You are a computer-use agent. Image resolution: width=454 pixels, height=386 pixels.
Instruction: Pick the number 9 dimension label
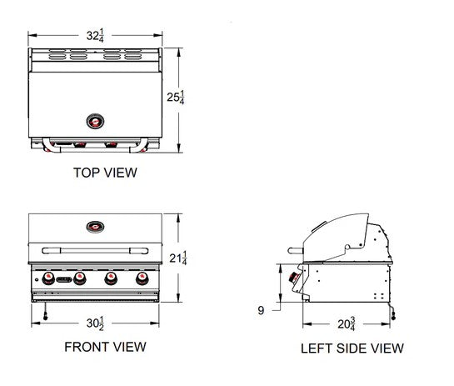(260, 311)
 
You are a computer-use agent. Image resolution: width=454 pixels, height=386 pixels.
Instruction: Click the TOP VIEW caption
(104, 173)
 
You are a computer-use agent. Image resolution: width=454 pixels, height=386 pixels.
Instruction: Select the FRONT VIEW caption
(105, 346)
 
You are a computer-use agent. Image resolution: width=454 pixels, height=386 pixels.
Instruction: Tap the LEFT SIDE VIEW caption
(352, 348)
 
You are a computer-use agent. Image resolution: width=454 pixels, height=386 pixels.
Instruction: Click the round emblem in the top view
(97, 121)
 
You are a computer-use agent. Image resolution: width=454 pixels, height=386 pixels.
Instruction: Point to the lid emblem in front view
(97, 225)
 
